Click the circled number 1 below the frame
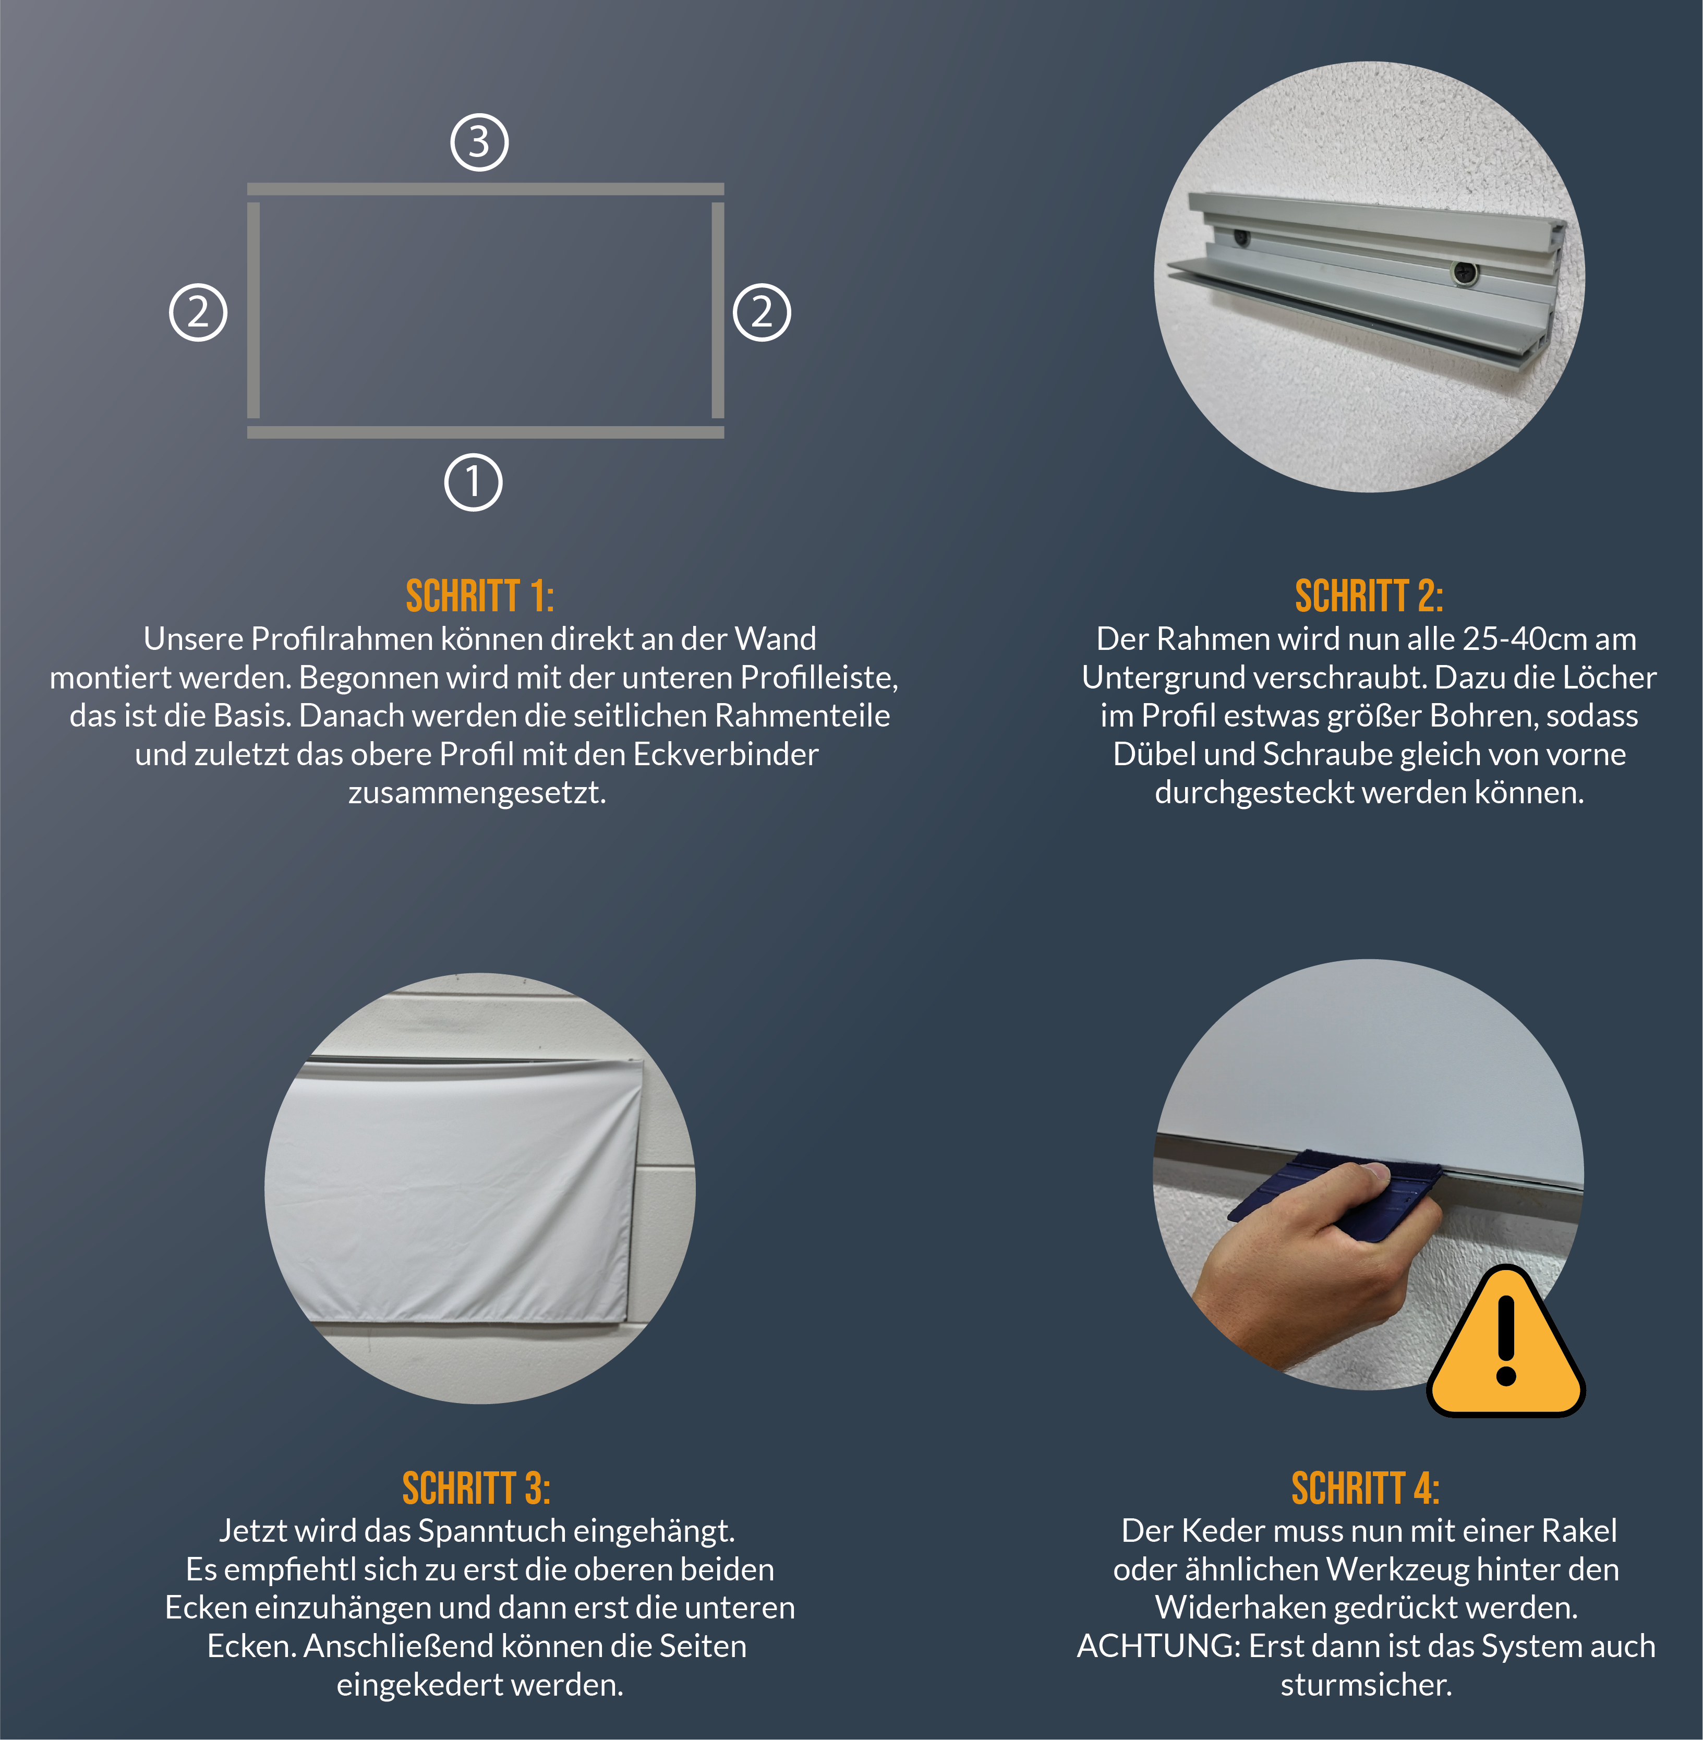(473, 482)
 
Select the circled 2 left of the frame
(198, 312)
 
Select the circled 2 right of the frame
(762, 312)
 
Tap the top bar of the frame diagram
(486, 189)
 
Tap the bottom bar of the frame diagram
(486, 432)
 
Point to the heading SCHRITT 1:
(480, 597)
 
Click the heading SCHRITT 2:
(1369, 597)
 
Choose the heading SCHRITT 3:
(477, 1489)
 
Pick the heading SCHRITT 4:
(1366, 1489)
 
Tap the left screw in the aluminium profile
(1241, 238)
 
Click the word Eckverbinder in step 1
(726, 754)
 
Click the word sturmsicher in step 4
(1366, 1685)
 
